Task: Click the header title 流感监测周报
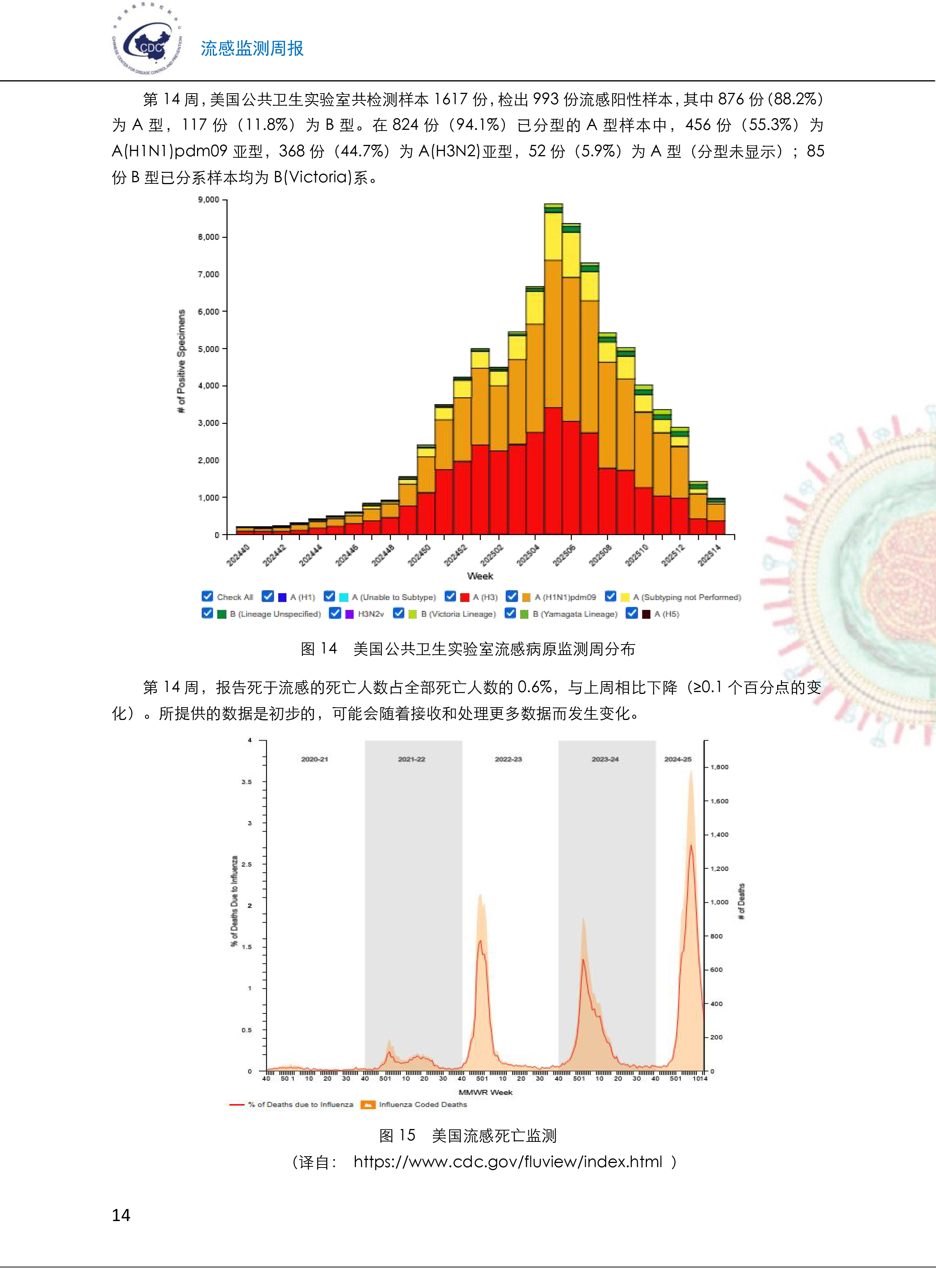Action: click(x=252, y=49)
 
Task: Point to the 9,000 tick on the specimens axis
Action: click(x=208, y=200)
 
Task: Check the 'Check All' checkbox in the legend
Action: click(x=207, y=596)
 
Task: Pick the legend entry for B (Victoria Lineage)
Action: click(x=458, y=614)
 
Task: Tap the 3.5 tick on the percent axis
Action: click(x=246, y=782)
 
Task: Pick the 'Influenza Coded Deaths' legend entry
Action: click(x=423, y=1104)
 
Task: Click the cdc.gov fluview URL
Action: click(x=508, y=1162)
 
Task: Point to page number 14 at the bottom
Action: click(x=121, y=1215)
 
